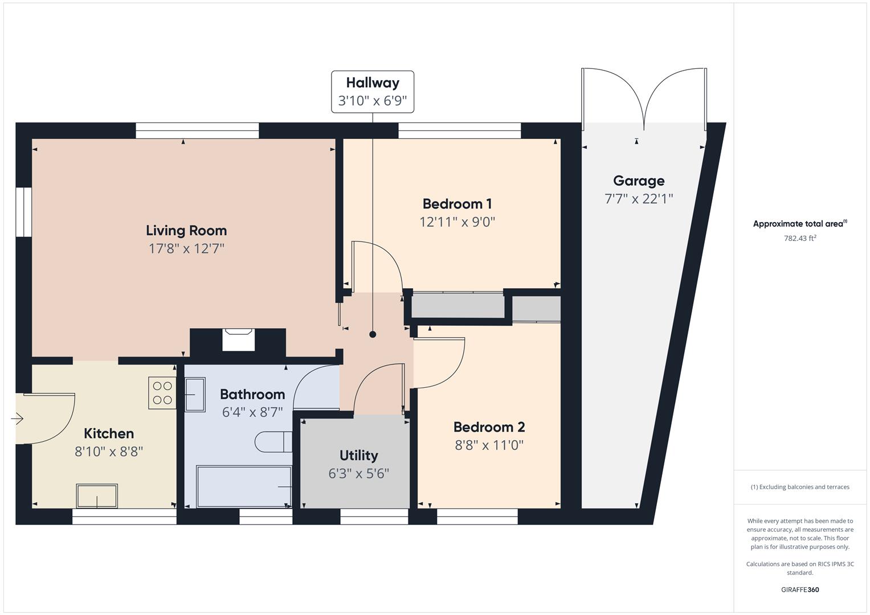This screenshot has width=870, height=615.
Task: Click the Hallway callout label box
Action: (x=373, y=92)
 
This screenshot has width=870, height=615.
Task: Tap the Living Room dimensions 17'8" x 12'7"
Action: (x=186, y=249)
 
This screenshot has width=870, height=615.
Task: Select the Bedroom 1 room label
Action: (x=457, y=204)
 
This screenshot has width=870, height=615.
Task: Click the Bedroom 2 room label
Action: (x=489, y=427)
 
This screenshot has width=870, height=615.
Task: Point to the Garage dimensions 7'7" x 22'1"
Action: (x=638, y=199)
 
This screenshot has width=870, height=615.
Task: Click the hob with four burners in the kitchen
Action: (x=162, y=393)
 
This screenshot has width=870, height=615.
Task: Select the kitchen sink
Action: (x=97, y=496)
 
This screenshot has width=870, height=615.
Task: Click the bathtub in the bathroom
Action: (x=244, y=486)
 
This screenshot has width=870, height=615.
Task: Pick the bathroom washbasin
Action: (x=194, y=394)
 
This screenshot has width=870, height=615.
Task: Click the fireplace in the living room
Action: (x=238, y=341)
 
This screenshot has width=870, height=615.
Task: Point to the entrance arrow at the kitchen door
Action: (x=17, y=419)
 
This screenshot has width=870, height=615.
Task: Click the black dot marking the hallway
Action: (x=373, y=334)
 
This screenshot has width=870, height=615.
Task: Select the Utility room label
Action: (x=358, y=456)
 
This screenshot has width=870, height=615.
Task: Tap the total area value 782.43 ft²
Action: (x=799, y=239)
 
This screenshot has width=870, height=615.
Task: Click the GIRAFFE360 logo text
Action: (x=799, y=590)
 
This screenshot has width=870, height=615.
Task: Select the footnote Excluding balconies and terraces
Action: (x=799, y=487)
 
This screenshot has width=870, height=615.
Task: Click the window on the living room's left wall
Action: (x=23, y=212)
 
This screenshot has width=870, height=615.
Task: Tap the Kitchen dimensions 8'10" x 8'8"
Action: (x=108, y=452)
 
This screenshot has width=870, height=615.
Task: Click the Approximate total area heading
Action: (x=799, y=224)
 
